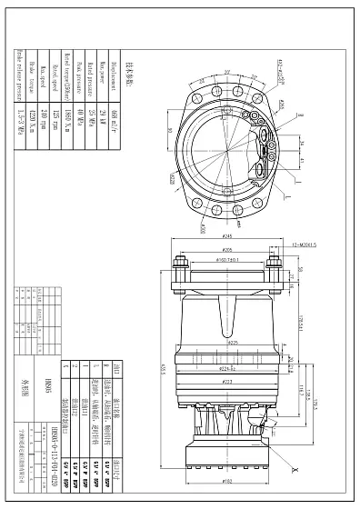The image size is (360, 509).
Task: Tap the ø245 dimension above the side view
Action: point(224,236)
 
